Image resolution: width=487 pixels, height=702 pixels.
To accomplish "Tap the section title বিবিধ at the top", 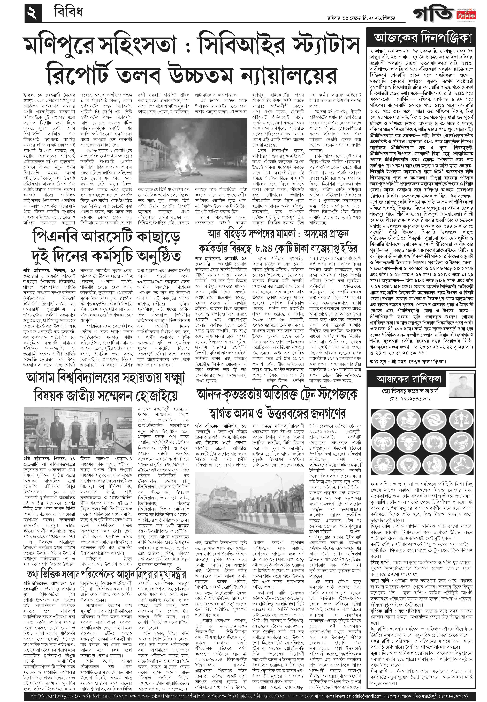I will click(68, 13).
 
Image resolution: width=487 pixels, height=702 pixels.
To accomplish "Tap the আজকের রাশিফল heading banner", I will click(409, 379).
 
